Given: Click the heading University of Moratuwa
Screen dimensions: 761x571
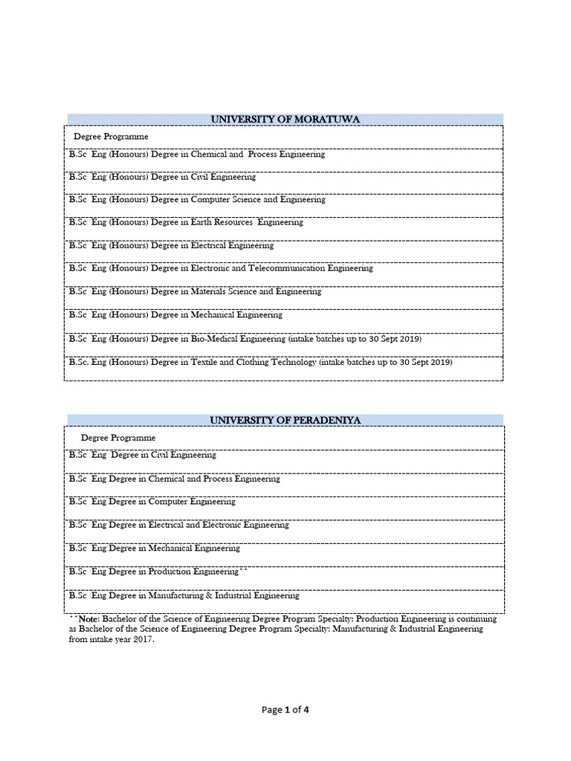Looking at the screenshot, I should click(x=285, y=119).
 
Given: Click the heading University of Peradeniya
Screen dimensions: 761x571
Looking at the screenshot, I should click(x=285, y=421).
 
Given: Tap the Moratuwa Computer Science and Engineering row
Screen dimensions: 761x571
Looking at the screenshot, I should click(x=197, y=200).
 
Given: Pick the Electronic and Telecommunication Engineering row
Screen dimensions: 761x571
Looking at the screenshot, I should click(x=221, y=268).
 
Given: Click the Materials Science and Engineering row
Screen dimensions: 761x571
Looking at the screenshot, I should click(x=195, y=292).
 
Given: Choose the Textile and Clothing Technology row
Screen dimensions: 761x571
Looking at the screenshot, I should click(x=260, y=363).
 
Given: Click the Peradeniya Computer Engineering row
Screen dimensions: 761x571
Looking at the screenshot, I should click(x=152, y=502).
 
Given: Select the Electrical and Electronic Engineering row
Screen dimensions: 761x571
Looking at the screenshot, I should click(x=178, y=525).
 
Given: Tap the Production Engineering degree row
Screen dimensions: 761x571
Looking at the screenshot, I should click(x=156, y=571).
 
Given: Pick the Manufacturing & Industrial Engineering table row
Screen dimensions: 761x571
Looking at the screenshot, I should click(x=184, y=595).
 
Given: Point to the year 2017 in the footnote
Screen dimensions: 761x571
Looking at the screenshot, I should click(x=143, y=639).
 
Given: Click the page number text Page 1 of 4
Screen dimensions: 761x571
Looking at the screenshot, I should click(x=285, y=710).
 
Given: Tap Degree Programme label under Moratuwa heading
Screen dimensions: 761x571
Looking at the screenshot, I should click(x=111, y=137).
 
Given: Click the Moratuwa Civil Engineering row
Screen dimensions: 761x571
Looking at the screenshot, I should click(x=162, y=177).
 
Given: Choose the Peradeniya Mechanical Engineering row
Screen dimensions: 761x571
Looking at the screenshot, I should click(x=155, y=548).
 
